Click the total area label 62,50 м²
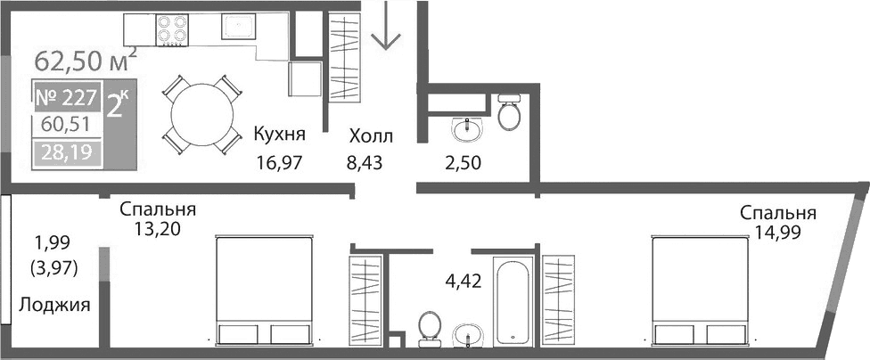85,61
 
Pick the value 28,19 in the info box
66,152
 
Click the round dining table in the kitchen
202,111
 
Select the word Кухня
279,135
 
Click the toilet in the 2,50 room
510,111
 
